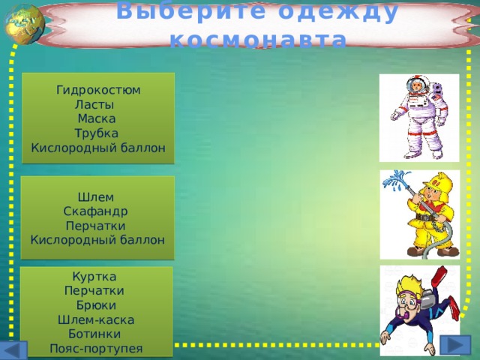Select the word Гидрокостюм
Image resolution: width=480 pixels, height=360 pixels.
[x=98, y=90]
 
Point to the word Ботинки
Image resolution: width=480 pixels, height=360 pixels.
[x=93, y=333]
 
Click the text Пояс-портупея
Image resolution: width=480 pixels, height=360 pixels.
[x=95, y=347]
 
